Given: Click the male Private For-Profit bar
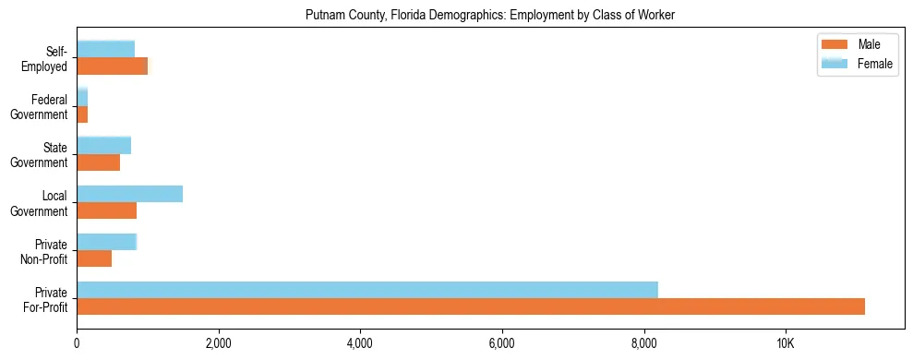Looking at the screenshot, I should (x=471, y=306).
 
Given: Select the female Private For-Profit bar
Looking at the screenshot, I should (x=367, y=290).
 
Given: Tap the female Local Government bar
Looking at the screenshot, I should (x=129, y=194).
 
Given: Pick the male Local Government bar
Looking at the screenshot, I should (x=106, y=210).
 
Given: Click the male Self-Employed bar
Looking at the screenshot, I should (x=112, y=66).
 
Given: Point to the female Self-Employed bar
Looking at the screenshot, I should (x=105, y=50).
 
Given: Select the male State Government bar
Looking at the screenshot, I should (x=98, y=162).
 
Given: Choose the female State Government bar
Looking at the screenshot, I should (x=103, y=146).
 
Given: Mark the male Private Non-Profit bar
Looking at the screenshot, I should (x=94, y=258).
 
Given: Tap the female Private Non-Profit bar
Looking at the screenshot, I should (x=106, y=242).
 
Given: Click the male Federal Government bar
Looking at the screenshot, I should (x=82, y=114).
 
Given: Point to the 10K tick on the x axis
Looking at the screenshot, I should (x=786, y=343).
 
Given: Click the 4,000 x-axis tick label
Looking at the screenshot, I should (x=360, y=343).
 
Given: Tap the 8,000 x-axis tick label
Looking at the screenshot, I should (x=643, y=343).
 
